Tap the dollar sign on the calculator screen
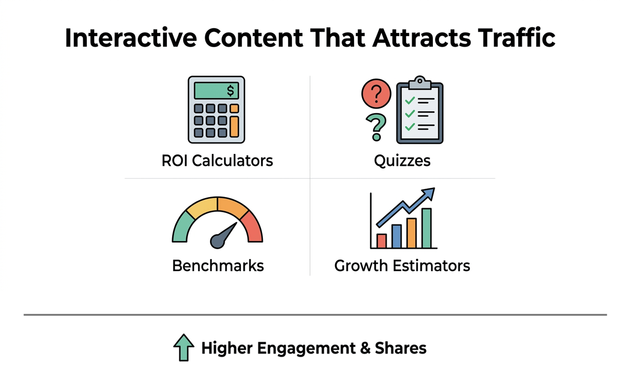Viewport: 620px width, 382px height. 230,91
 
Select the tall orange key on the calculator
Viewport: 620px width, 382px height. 234,126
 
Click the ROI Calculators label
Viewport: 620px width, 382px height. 217,161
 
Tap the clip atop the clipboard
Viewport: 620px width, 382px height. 420,82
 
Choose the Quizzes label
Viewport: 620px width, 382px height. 402,161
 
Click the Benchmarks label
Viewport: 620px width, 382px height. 218,266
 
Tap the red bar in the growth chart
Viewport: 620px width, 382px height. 381,241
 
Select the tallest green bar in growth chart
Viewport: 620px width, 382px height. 426,228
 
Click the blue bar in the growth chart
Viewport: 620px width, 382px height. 396,236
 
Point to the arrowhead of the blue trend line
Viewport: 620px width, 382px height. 429,193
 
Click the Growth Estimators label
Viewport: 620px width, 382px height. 402,266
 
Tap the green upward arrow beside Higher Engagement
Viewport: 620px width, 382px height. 184,347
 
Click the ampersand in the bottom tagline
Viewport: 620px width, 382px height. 365,348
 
